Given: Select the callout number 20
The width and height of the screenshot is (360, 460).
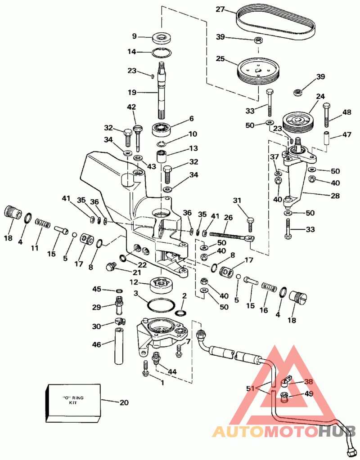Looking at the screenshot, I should (124, 402).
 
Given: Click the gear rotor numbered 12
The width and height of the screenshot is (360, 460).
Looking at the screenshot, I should (161, 285).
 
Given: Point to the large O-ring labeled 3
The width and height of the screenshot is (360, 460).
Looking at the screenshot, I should (160, 304).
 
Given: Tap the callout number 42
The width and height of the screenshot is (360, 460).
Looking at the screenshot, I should (131, 107).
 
